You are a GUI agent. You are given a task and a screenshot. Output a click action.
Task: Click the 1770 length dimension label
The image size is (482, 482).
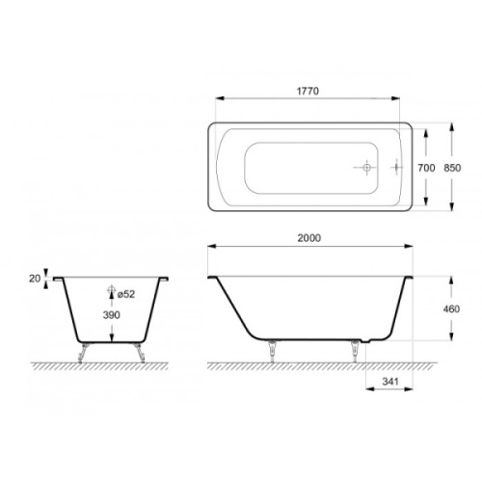pyautogui.click(x=308, y=90)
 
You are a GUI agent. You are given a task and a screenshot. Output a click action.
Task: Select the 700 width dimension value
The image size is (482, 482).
pyautogui.click(x=426, y=167)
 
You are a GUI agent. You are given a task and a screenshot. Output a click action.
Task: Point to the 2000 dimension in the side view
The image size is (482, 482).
pyautogui.click(x=308, y=237)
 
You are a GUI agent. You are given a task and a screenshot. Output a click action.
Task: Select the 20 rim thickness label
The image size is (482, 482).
pyautogui.click(x=36, y=278)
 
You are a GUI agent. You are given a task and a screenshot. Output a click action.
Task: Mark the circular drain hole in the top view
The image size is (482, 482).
pyautogui.click(x=366, y=168)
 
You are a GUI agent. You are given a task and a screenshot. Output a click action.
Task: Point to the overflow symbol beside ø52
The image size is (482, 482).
pyautogui.click(x=111, y=291)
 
